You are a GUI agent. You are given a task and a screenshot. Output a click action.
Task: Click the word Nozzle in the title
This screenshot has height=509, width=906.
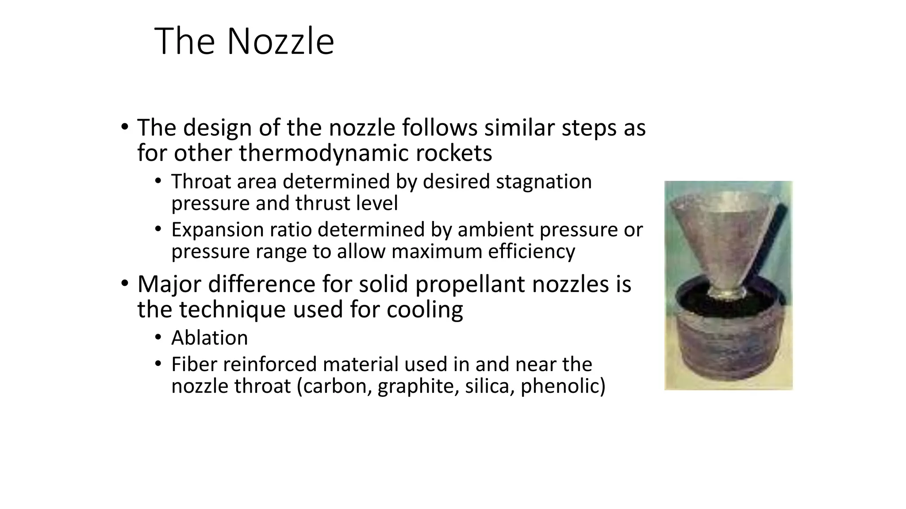click(280, 42)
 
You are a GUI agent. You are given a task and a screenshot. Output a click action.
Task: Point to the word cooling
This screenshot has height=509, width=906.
click(425, 309)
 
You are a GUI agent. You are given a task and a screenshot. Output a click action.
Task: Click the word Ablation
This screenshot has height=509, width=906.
click(210, 338)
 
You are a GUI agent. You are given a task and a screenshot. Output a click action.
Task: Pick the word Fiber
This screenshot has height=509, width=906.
click(194, 365)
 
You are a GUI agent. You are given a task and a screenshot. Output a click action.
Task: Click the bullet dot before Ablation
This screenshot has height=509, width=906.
click(158, 338)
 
